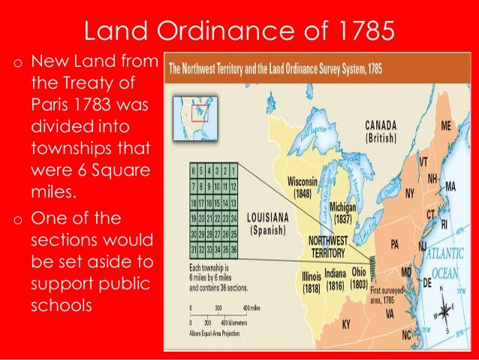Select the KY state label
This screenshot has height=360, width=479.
(x=346, y=325)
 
